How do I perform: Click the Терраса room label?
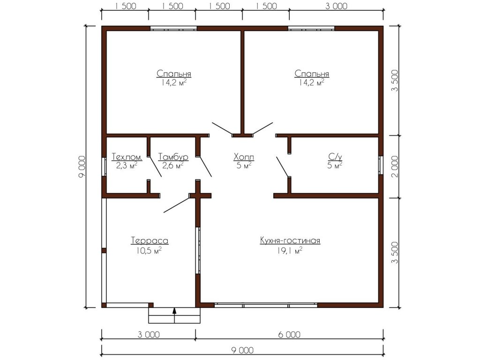click(150, 240)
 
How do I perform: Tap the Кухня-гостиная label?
click(290, 240)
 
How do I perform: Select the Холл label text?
click(244, 157)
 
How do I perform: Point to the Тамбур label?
click(173, 157)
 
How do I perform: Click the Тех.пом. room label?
click(127, 157)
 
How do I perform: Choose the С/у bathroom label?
click(335, 157)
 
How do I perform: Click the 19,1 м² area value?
click(290, 251)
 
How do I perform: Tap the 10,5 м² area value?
click(149, 251)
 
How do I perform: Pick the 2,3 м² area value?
click(127, 165)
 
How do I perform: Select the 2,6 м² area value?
click(173, 165)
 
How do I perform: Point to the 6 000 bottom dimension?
click(289, 335)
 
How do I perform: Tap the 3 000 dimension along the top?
click(336, 6)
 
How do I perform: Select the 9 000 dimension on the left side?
click(82, 166)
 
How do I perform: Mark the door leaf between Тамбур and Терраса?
click(177, 204)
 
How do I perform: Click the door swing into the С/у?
click(282, 167)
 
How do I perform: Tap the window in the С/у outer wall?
click(381, 165)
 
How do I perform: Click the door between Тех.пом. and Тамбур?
click(155, 166)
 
